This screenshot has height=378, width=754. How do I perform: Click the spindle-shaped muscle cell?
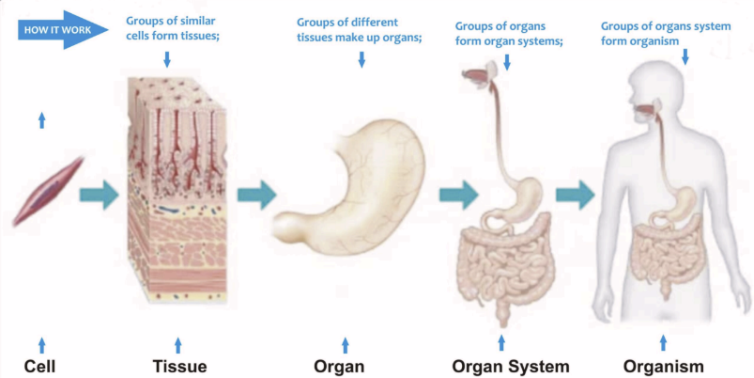[48, 193]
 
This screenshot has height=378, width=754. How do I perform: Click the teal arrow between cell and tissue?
[98, 196]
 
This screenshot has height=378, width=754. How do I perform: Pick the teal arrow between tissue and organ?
[255, 196]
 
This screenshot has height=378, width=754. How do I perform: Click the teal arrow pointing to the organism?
[575, 196]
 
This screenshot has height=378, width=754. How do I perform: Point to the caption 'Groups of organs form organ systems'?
[508, 34]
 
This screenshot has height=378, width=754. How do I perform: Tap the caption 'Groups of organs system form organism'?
[665, 33]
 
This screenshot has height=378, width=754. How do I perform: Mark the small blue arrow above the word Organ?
[346, 344]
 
